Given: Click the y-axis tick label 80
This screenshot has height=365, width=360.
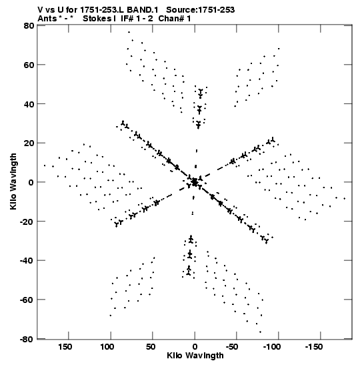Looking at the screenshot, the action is click(x=29, y=25).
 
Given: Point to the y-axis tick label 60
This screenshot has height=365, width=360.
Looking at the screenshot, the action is click(x=29, y=65).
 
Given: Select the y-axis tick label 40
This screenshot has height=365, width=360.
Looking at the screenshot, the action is click(x=29, y=104).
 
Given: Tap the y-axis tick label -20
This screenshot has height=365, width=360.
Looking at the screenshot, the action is click(x=27, y=221).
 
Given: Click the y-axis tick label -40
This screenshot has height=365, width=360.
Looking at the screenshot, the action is click(x=27, y=260).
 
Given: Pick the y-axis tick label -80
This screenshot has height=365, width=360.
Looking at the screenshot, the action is click(x=27, y=339).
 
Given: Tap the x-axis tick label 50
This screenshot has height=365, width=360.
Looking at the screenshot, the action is click(x=151, y=347).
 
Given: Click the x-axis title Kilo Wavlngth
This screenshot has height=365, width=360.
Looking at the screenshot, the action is click(x=195, y=356).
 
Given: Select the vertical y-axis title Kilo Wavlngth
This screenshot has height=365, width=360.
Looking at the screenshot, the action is click(x=13, y=181).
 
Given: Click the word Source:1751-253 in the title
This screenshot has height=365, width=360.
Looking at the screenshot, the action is click(x=200, y=10).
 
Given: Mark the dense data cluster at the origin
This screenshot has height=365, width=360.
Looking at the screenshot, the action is click(x=195, y=181).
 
